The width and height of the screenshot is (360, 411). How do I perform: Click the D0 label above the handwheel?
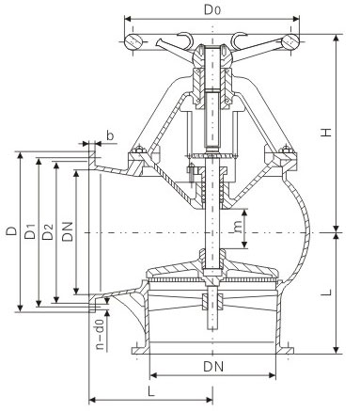point(212,9)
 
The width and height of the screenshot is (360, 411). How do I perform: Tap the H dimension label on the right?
point(326,132)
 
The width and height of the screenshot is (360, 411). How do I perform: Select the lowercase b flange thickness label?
point(110,135)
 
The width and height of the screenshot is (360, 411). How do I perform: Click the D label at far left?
point(12,230)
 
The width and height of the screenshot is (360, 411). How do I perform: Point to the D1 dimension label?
point(30,231)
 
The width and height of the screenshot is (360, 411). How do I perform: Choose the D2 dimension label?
point(48,231)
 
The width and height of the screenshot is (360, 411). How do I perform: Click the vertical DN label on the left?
point(67,231)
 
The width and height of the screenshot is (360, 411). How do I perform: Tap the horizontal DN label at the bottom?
point(213,367)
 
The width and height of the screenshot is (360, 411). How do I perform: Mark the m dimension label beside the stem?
point(238,227)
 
